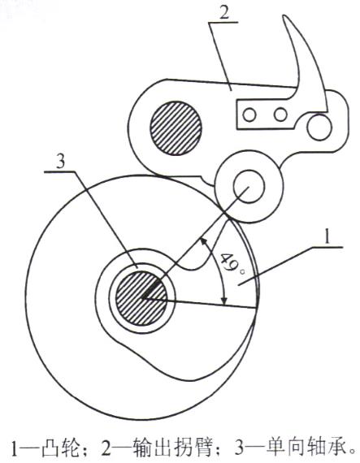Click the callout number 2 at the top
(224, 13)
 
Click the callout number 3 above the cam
(60, 161)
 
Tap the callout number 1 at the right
(327, 236)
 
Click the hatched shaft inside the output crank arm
(176, 128)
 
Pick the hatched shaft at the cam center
(141, 299)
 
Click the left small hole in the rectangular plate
(249, 115)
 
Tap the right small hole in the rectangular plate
(280, 115)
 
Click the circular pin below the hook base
(319, 128)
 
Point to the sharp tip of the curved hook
(284, 16)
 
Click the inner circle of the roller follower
(249, 187)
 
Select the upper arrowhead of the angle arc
(203, 242)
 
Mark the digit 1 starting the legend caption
(15, 450)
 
